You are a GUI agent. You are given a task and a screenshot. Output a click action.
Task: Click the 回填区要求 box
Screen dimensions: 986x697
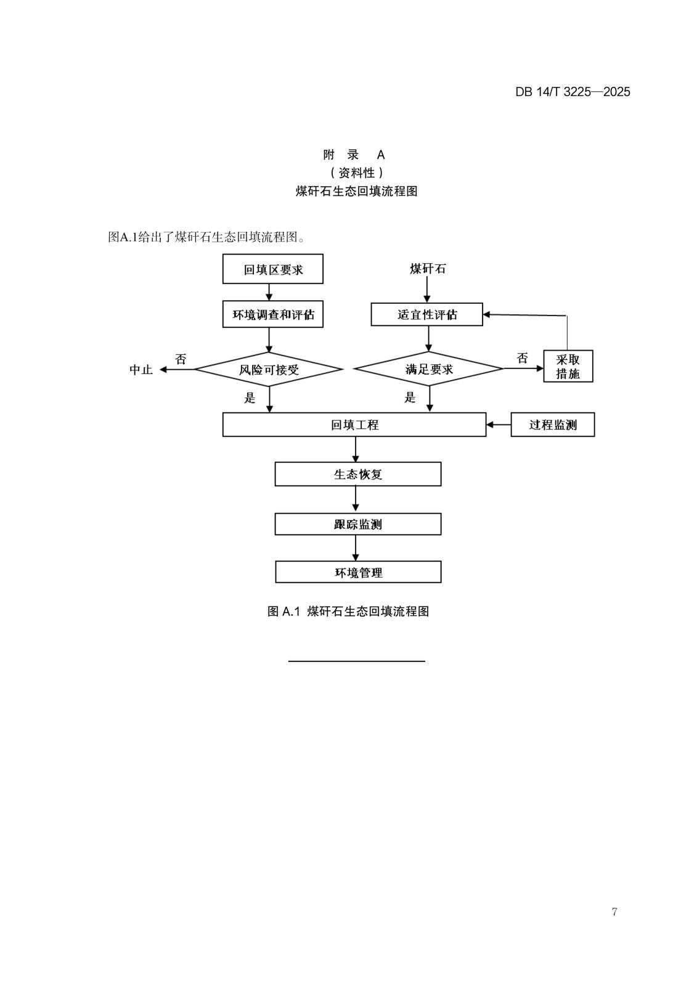click(x=272, y=269)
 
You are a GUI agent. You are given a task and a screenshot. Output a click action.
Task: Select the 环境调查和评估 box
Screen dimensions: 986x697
click(x=272, y=315)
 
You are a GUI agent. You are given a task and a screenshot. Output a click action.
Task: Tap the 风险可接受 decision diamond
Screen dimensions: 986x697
click(x=269, y=369)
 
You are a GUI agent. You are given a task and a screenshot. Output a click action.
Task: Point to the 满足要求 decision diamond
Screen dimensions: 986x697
click(x=429, y=369)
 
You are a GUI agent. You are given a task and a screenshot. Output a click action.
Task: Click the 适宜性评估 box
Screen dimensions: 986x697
click(x=426, y=315)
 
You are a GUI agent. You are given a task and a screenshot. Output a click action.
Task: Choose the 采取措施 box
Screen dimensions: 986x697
click(x=568, y=366)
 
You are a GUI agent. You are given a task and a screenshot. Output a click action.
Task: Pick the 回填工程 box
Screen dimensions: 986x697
click(x=354, y=425)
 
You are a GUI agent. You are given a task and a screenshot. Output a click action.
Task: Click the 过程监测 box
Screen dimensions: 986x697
click(x=552, y=425)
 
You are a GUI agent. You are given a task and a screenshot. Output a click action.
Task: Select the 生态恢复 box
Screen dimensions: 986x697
click(x=357, y=474)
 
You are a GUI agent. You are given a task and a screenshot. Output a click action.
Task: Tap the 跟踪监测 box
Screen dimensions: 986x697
click(x=357, y=524)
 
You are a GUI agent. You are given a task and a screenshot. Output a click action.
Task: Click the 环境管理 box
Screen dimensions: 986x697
click(x=357, y=572)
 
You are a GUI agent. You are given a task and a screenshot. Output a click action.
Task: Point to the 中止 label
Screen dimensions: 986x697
click(x=141, y=370)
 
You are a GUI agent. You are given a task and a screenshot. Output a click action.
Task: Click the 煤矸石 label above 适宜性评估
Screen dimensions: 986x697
click(x=428, y=269)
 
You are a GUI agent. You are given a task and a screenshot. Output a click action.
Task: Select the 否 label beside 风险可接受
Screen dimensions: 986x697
click(x=181, y=359)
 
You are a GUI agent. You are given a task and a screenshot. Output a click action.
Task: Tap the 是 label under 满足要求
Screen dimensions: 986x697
click(x=410, y=397)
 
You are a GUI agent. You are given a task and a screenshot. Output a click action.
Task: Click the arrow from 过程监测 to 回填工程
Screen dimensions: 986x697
click(x=499, y=425)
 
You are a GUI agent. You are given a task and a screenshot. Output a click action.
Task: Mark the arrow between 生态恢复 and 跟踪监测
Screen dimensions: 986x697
click(x=356, y=499)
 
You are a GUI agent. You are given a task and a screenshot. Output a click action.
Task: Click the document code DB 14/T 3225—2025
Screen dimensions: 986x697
click(x=573, y=92)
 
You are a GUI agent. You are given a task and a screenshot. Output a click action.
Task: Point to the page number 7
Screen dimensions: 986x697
click(x=614, y=912)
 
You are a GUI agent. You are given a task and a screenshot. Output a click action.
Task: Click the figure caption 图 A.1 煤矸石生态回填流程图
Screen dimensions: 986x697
click(x=348, y=611)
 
